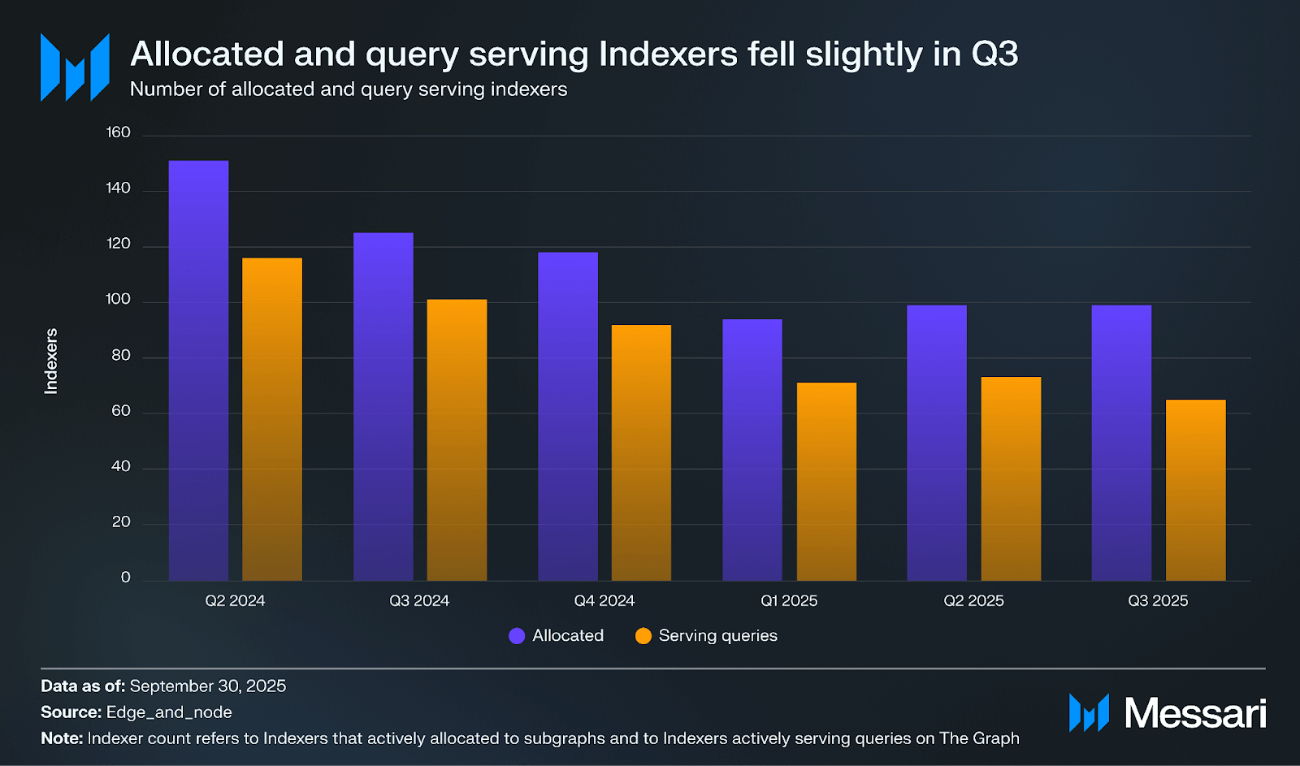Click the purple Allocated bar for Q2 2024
click(x=198, y=370)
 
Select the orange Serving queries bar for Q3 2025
click(x=1195, y=490)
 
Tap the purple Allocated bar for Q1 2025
click(x=752, y=449)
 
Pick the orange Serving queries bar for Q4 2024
click(x=641, y=452)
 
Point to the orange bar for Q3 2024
click(x=457, y=439)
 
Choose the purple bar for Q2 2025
click(x=937, y=443)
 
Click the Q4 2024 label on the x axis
click(x=604, y=601)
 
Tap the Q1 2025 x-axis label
click(x=789, y=601)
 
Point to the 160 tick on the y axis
click(x=119, y=132)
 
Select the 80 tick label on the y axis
click(x=121, y=356)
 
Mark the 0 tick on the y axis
click(x=126, y=578)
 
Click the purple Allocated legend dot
click(x=517, y=636)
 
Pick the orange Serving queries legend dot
click(x=643, y=636)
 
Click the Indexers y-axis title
click(x=51, y=361)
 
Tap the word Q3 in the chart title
click(x=994, y=54)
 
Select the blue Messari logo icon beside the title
click(x=75, y=67)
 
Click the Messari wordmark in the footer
click(x=1194, y=713)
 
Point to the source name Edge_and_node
click(x=169, y=712)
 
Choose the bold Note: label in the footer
click(x=62, y=738)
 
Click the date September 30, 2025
click(x=208, y=686)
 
